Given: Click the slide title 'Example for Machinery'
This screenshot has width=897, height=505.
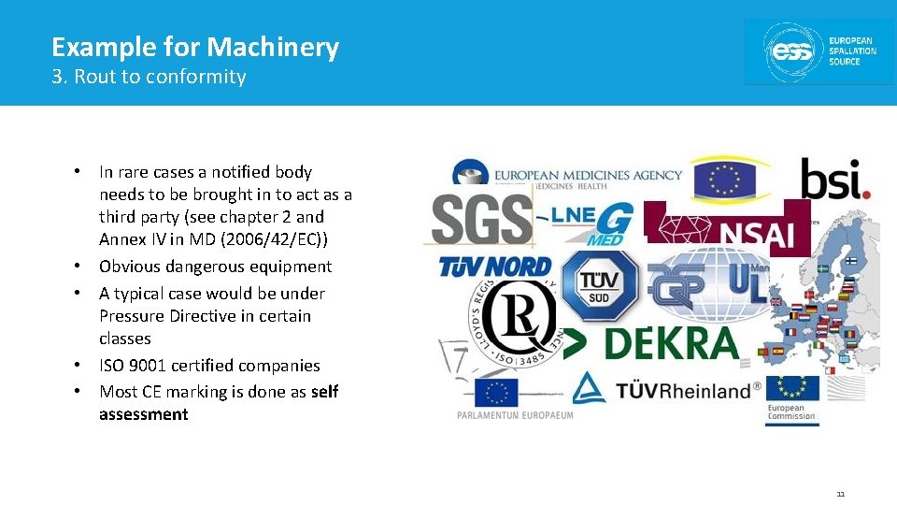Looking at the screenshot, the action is tap(195, 47).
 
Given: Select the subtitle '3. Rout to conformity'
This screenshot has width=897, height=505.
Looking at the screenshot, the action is tap(149, 77).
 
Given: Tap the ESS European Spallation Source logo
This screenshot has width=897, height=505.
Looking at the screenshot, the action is tap(819, 50).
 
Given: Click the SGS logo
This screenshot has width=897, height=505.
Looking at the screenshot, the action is tap(482, 220).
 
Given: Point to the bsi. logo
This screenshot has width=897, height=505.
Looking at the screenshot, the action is tap(834, 179).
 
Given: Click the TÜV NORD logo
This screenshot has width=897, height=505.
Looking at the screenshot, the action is tap(496, 267).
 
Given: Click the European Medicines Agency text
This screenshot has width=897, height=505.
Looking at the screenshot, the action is tap(588, 174).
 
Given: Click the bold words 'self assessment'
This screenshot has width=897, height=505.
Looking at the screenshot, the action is tap(219, 403).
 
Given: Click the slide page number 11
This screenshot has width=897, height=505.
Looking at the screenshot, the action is tap(840, 494).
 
